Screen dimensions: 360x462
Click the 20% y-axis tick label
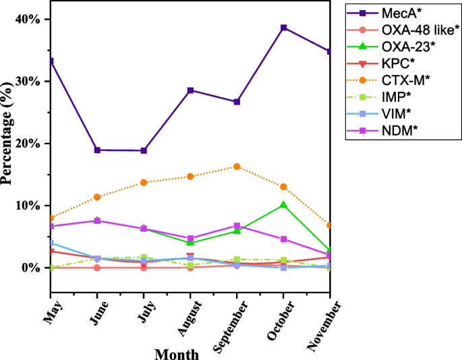point(27,144)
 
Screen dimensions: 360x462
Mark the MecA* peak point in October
point(284,28)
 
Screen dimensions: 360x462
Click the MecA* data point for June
point(97,150)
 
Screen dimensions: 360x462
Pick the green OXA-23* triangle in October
point(284,205)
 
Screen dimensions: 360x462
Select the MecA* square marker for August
point(190,90)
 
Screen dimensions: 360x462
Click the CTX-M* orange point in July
point(144,183)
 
